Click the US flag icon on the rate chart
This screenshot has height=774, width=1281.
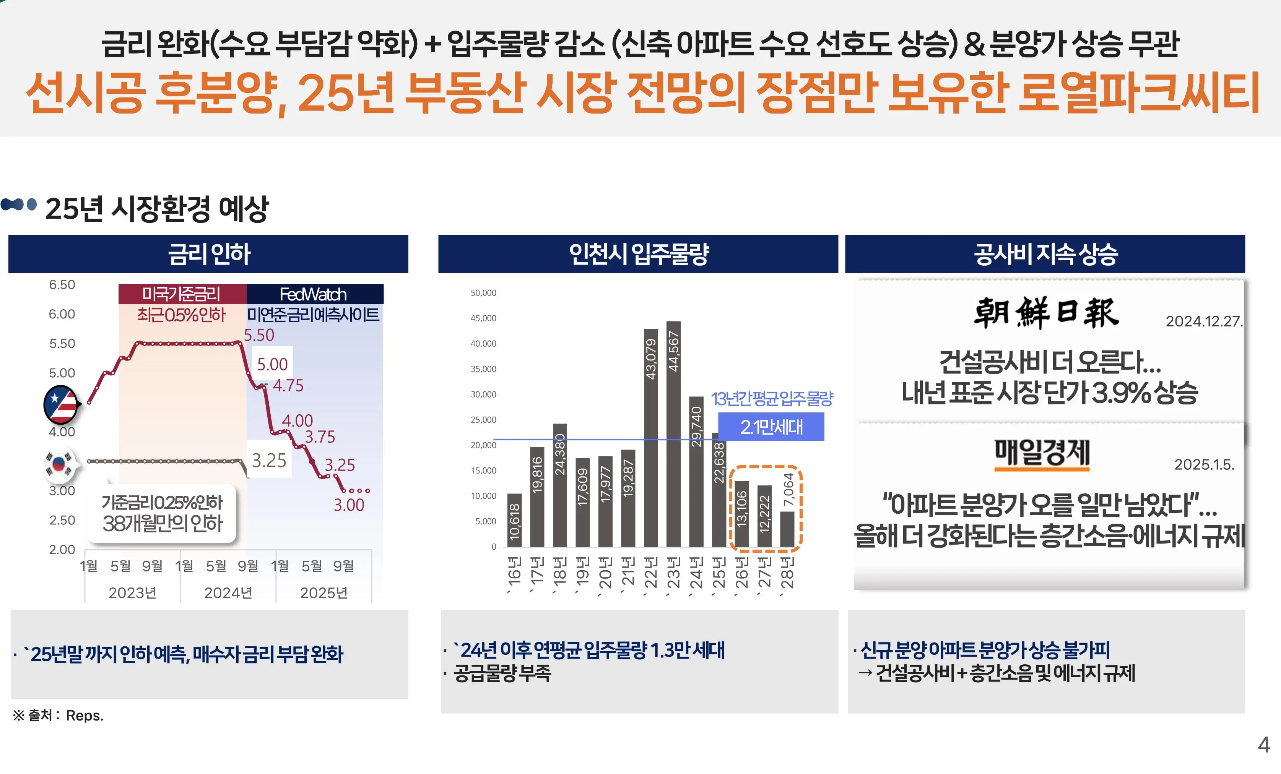(61, 404)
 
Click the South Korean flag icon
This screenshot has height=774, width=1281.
(59, 462)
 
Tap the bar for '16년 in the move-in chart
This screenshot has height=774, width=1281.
(514, 520)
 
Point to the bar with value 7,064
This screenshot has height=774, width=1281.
(788, 529)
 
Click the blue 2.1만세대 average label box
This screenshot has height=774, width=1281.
(771, 427)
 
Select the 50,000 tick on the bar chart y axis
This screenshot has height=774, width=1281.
(483, 293)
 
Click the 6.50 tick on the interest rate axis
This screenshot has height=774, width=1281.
(62, 285)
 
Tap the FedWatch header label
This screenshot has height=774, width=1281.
(314, 294)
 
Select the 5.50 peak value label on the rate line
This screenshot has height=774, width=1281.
(259, 335)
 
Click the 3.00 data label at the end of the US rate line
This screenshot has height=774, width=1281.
(349, 505)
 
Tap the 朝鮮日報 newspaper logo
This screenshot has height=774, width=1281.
(1046, 313)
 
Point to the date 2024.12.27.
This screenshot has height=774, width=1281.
(1203, 321)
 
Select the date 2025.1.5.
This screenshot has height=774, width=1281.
(1203, 464)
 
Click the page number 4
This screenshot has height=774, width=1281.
(1264, 744)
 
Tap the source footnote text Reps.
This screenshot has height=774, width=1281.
(84, 716)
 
